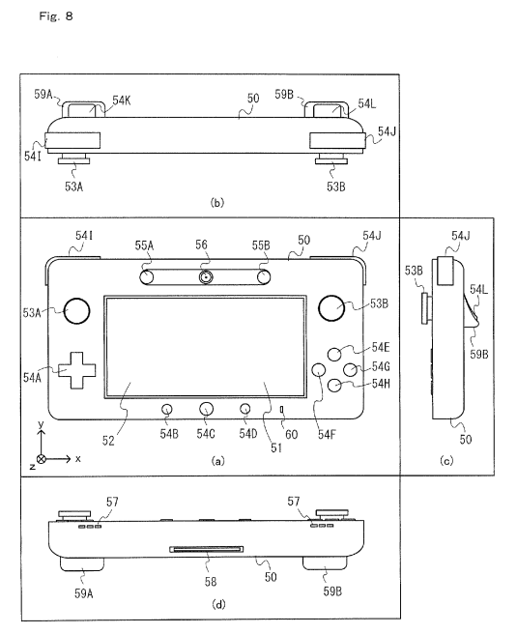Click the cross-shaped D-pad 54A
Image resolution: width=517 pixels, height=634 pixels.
(x=77, y=370)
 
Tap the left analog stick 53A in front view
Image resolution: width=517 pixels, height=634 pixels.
(x=76, y=311)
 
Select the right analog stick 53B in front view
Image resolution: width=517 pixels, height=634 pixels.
(x=331, y=308)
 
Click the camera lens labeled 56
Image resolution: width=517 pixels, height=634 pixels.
(x=206, y=277)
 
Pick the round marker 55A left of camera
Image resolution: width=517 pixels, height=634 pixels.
(x=146, y=277)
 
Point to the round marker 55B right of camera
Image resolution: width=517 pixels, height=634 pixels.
(x=264, y=277)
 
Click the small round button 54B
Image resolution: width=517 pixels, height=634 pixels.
(x=167, y=409)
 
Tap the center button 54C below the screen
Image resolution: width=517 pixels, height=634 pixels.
(x=206, y=409)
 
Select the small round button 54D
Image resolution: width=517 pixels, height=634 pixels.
(x=244, y=409)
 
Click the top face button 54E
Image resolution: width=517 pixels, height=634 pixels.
(x=334, y=354)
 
